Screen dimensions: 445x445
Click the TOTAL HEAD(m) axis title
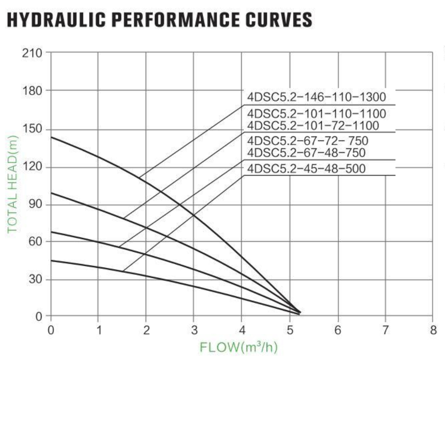pos(13,184)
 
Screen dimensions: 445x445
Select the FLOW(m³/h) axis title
pos(239,347)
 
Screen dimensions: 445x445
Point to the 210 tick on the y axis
pos(32,53)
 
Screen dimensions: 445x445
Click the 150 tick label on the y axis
pos(32,129)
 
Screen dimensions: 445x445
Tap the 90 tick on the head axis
pos(35,205)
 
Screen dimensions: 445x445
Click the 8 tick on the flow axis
pos(433,330)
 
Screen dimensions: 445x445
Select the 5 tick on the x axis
pos(290,330)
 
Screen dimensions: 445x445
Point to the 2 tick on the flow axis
pos(146,330)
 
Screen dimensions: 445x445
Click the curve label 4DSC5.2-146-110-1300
pos(316,97)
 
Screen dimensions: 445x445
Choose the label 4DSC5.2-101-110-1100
pos(316,113)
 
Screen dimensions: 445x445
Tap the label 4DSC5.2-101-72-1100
pos(313,125)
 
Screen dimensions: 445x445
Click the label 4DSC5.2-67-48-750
pos(306,153)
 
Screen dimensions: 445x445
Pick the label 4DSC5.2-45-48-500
pos(306,169)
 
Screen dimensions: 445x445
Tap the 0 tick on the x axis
pos(51,330)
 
